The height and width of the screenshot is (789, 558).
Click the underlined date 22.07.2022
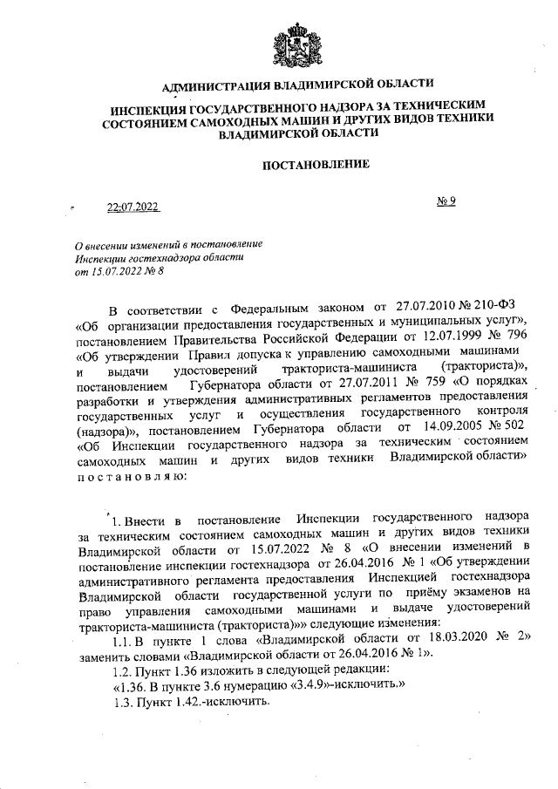coord(133,207)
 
